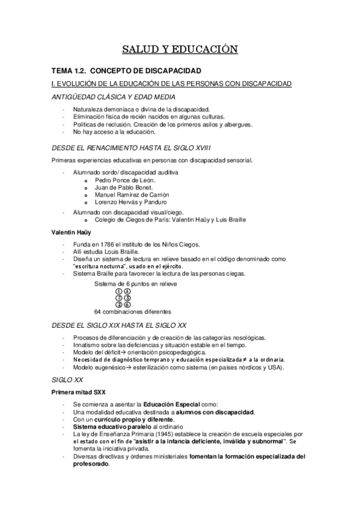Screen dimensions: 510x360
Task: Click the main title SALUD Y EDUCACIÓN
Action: [x=180, y=49]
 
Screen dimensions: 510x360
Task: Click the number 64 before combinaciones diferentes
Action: [x=98, y=312]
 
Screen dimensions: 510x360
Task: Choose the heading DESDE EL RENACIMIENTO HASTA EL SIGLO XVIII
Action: [x=130, y=147]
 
